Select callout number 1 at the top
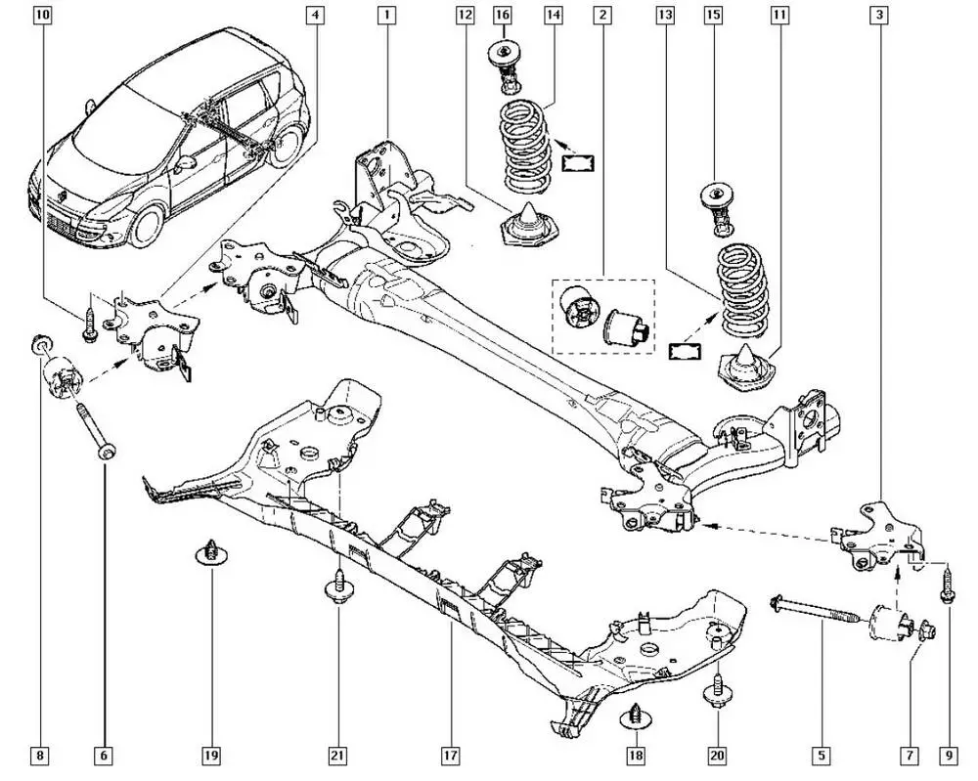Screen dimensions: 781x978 (x=387, y=16)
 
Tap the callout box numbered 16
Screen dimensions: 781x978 (x=502, y=16)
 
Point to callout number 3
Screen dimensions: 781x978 (x=880, y=16)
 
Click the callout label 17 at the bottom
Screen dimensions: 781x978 (x=449, y=756)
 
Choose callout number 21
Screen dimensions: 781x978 (x=337, y=756)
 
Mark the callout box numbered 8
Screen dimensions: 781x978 (x=39, y=756)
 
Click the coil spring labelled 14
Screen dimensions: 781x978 (x=526, y=147)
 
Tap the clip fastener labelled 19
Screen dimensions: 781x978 (x=207, y=551)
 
